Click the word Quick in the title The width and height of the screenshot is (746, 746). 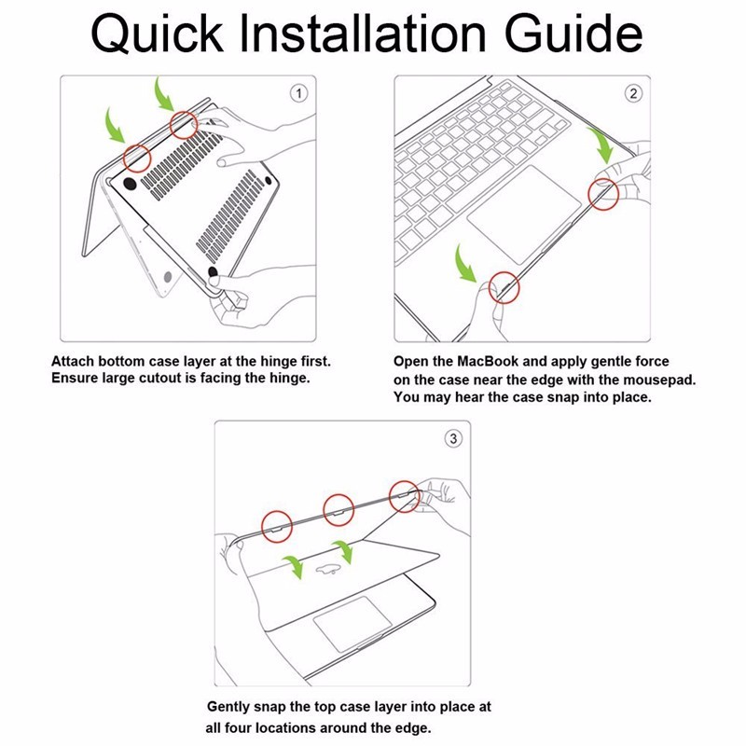[157, 35]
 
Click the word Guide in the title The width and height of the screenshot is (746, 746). [573, 34]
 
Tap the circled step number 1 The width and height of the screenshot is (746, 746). [298, 93]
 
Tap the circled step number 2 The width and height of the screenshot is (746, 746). [633, 93]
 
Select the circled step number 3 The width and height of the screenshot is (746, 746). [453, 438]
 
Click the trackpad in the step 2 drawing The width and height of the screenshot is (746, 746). [524, 214]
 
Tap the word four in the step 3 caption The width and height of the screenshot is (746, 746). [238, 728]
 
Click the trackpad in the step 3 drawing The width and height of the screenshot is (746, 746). [352, 624]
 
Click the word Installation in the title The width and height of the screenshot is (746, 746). [363, 34]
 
